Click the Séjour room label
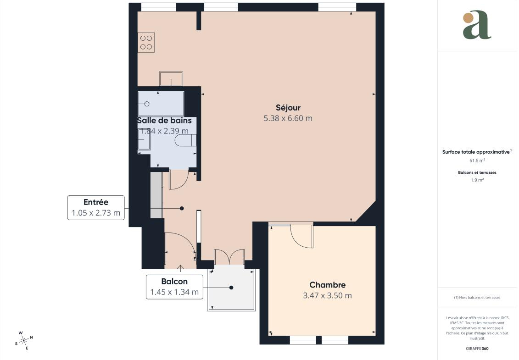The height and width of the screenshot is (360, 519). (288, 108)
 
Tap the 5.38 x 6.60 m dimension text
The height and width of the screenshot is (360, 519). (288, 118)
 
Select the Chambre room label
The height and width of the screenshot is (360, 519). (327, 285)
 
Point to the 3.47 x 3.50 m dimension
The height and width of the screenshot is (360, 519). (327, 295)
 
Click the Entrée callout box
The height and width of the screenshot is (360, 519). (96, 207)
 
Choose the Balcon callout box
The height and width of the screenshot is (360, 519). (174, 287)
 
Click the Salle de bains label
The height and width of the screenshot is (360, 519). (164, 121)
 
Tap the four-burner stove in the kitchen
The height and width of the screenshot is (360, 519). (146, 42)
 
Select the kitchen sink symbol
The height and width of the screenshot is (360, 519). (171, 79)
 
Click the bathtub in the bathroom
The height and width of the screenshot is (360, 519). (161, 104)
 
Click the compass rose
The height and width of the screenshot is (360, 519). (24, 340)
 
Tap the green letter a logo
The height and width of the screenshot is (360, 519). (477, 25)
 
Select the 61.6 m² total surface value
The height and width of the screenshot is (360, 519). (477, 161)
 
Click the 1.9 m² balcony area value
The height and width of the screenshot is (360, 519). (477, 180)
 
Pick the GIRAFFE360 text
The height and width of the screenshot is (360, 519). (477, 349)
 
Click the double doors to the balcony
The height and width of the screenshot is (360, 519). (229, 257)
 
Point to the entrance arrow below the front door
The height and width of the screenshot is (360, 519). (181, 268)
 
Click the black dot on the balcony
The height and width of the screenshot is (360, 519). (231, 288)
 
